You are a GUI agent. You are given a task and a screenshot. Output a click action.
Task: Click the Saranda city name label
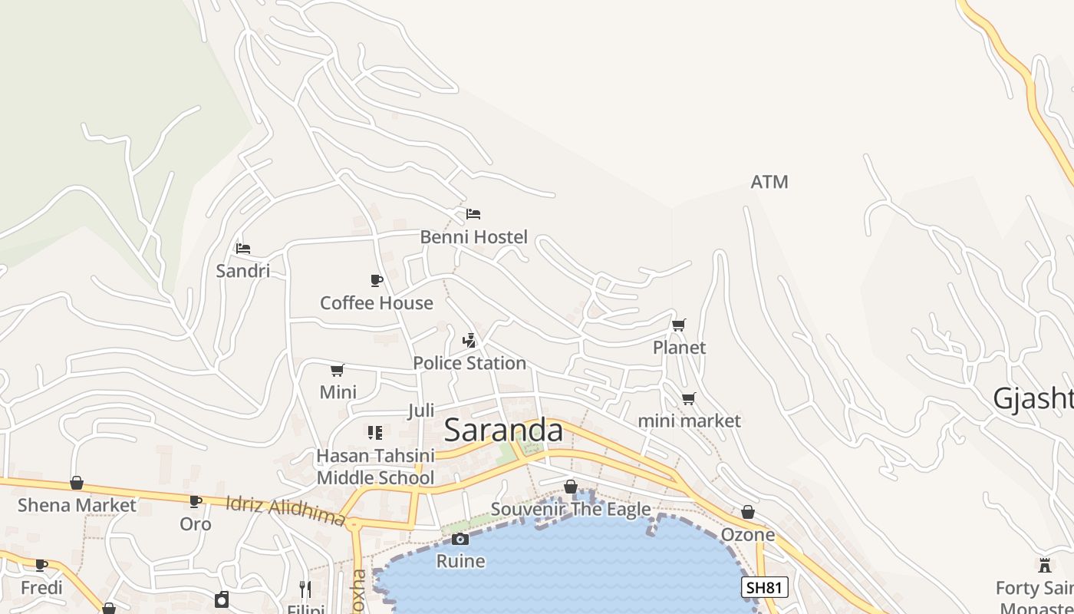(503, 431)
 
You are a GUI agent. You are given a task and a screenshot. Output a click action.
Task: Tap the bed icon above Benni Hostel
(473, 214)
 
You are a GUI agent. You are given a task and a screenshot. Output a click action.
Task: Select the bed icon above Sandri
(243, 249)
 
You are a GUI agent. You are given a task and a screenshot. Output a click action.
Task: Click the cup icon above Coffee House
(376, 280)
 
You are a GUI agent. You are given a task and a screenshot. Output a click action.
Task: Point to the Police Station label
(469, 363)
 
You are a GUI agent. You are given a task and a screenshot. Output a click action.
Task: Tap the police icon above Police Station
(469, 341)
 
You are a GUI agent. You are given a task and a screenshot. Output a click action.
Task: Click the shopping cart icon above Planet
(678, 325)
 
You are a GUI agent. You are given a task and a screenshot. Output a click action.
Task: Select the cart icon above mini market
(688, 399)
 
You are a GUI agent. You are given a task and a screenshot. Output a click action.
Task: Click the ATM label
(769, 182)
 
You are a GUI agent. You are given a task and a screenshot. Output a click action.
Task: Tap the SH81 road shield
(765, 588)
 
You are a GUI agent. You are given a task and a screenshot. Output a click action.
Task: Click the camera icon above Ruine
(460, 540)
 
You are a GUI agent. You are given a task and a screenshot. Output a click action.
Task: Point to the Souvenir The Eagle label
(571, 509)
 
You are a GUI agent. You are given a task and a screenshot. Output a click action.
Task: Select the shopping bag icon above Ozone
(748, 512)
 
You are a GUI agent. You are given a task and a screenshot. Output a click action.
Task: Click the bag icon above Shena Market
(77, 483)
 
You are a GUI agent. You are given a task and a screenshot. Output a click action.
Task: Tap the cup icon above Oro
(196, 502)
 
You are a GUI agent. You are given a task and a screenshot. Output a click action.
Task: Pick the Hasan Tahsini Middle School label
(375, 467)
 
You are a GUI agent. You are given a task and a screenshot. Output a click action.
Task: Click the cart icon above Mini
(337, 371)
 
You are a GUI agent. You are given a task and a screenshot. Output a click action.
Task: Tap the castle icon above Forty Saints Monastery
(1044, 566)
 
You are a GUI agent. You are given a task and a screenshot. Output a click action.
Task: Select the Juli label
(421, 411)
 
